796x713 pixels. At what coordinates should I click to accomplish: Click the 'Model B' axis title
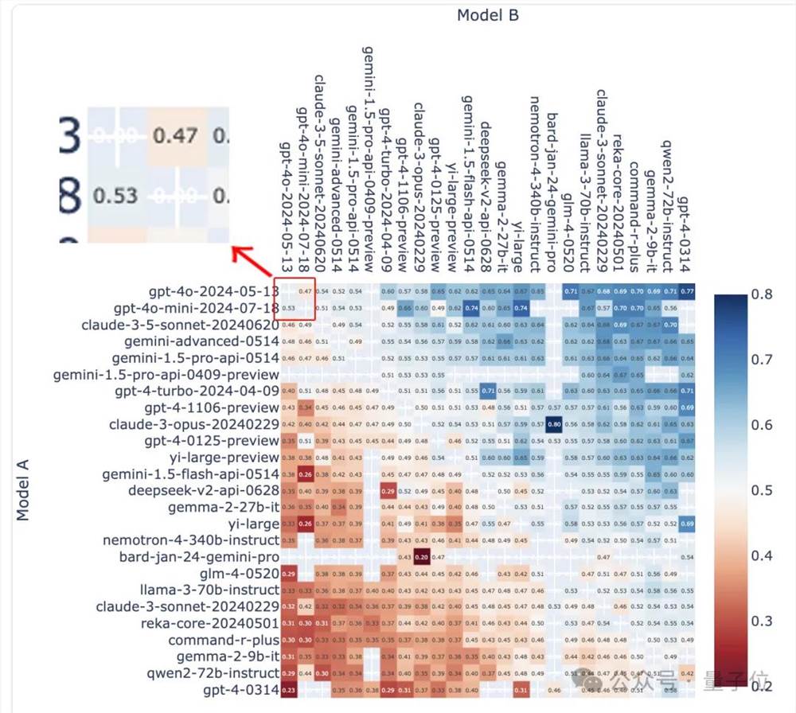488,15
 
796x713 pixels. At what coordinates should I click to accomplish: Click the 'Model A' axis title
23,489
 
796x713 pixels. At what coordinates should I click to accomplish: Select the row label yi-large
253,524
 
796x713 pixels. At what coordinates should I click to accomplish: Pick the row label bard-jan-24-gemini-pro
199,556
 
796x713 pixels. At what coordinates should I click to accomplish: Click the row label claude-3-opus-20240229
194,424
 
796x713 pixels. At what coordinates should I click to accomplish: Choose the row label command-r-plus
224,639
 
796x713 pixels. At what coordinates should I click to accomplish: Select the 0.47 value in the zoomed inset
175,135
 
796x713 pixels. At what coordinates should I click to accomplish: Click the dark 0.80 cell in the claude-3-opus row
555,424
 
